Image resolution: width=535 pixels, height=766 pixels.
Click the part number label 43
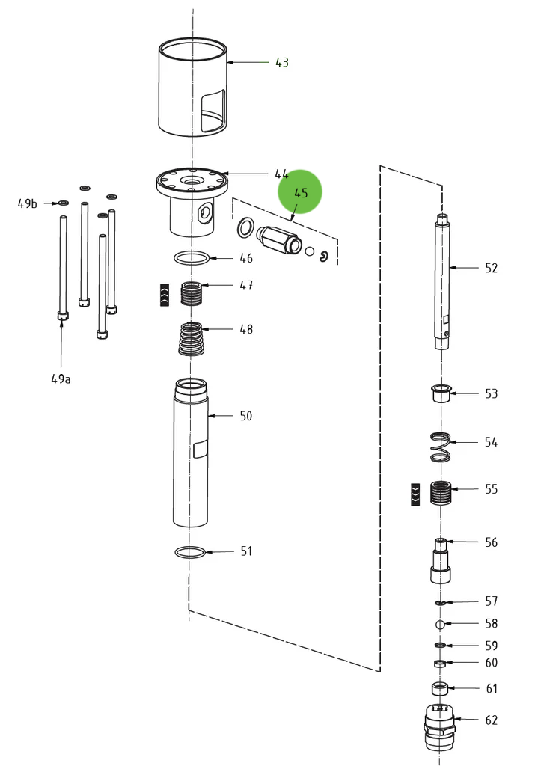(x=281, y=63)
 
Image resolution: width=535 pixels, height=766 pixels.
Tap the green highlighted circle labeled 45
(x=300, y=192)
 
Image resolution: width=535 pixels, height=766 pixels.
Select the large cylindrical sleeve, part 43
(x=180, y=90)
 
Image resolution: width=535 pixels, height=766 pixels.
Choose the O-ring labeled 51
(x=190, y=553)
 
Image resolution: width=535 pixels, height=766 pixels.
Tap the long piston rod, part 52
(x=443, y=284)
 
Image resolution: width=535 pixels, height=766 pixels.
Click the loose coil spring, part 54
(x=441, y=447)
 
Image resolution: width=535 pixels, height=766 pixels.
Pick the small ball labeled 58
(x=441, y=624)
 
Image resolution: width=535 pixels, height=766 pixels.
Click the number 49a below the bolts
(x=61, y=379)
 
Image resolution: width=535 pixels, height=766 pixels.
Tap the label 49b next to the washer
(x=28, y=203)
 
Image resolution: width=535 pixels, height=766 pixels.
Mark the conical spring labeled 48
(x=193, y=339)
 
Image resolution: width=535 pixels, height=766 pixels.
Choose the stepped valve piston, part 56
(x=441, y=561)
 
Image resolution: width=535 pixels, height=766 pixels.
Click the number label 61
(x=491, y=688)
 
